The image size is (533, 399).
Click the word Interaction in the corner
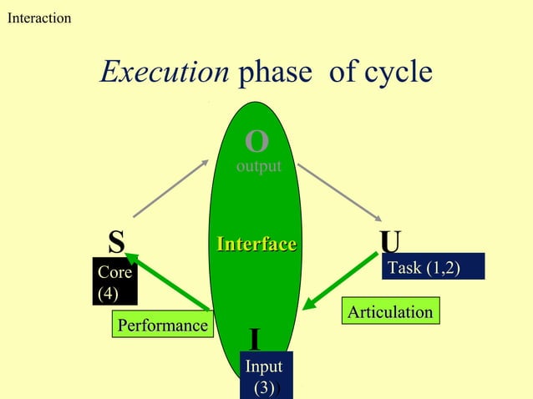coord(39,18)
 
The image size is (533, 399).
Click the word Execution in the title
coord(165,73)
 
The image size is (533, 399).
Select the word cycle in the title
coord(396,73)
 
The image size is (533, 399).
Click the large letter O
coord(256,143)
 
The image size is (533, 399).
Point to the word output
coord(258,167)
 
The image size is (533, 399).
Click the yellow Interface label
coord(256,244)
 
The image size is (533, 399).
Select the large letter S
coord(117,242)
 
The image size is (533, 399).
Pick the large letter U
coord(390,242)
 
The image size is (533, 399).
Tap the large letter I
coord(255,340)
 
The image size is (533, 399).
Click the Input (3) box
coord(263,376)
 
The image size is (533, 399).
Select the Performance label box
coord(162,325)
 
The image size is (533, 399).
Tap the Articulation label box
coord(390,312)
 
